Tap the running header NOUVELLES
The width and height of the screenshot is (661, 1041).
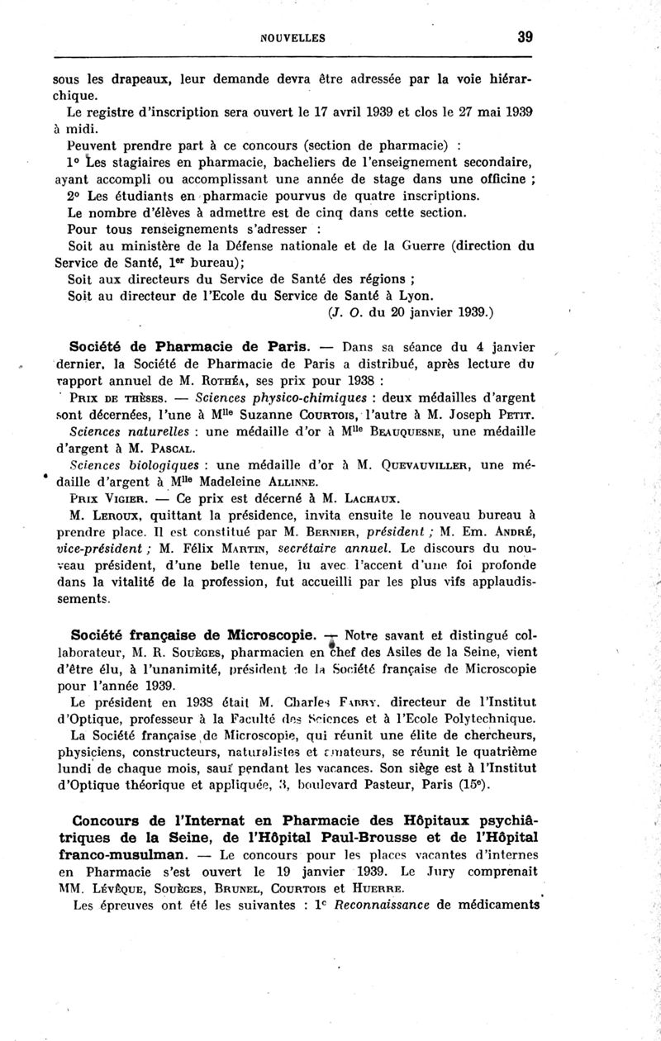point(292,38)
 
